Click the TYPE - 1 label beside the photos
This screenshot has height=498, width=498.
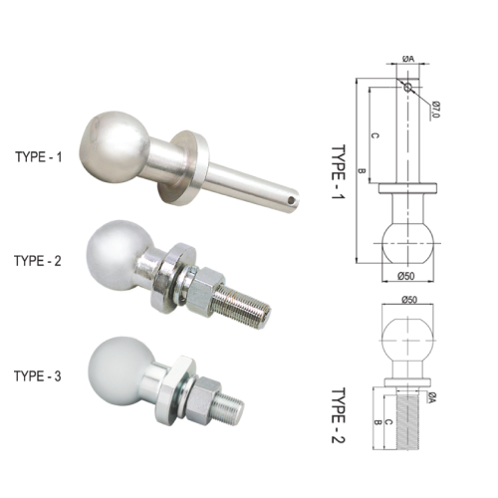point(39,157)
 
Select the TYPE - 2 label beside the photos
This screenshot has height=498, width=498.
point(38,261)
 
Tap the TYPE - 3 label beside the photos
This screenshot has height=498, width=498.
point(38,376)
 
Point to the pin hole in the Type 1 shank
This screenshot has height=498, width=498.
point(291,200)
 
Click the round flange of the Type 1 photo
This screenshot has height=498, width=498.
point(184,167)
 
